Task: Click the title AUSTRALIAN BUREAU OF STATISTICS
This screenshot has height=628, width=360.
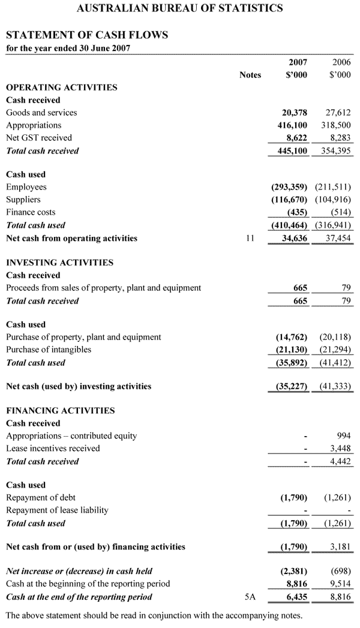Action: [x=180, y=8]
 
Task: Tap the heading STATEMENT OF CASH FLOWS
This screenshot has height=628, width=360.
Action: [x=87, y=35]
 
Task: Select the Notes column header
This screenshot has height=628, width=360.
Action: [x=250, y=75]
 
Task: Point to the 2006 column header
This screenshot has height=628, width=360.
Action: [x=341, y=62]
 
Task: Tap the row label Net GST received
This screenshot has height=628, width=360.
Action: [x=39, y=138]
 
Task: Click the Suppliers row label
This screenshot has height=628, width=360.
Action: [x=23, y=200]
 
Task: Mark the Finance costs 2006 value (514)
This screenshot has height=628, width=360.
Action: [x=341, y=212]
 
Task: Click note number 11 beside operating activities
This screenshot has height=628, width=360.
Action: [x=251, y=238]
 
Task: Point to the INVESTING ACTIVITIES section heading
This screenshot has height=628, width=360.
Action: [x=59, y=263]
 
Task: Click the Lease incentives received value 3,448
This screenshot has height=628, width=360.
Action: [x=340, y=449]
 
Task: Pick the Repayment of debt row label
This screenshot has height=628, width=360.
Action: [x=41, y=498]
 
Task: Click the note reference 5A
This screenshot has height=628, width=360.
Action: [x=251, y=597]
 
